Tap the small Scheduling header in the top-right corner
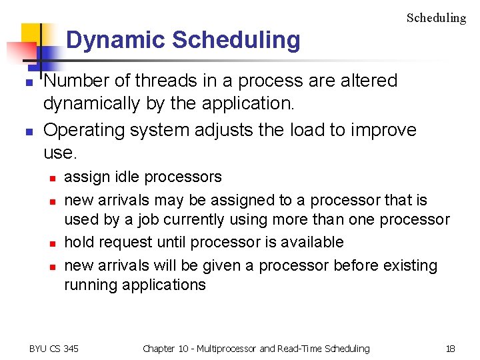coord(436,18)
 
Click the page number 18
coord(450,348)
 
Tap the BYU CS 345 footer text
coord(53,348)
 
